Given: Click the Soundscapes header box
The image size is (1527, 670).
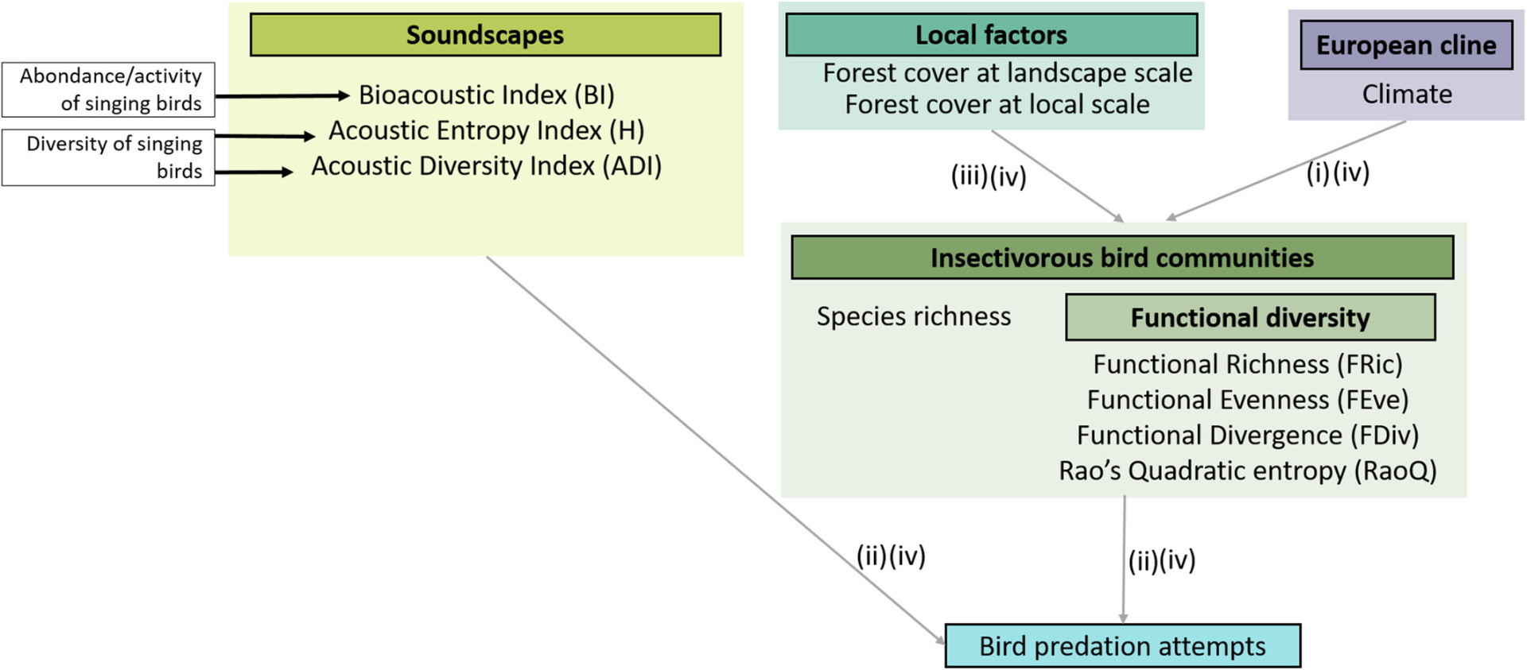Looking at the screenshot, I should tap(485, 35).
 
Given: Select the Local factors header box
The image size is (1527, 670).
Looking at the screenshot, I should tap(991, 35).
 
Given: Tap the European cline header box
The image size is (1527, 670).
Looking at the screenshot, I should tap(1405, 45).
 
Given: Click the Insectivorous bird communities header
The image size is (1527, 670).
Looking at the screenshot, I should tap(1121, 258).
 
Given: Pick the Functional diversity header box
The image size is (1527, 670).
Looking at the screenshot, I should tap(1249, 317).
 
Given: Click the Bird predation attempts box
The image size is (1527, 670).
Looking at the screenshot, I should tap(1122, 646).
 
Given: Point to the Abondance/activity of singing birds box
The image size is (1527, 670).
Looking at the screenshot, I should tap(108, 90).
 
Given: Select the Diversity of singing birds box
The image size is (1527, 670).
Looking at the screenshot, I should tap(108, 157).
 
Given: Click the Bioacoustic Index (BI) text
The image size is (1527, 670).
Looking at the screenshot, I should tap(487, 95).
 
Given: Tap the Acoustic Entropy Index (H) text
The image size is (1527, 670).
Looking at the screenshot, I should tap(487, 130).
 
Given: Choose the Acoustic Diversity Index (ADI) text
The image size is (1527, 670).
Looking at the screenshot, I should tap(487, 166).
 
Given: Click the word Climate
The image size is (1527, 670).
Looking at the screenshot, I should tap(1406, 95).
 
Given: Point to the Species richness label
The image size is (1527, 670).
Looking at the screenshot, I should tap(914, 316).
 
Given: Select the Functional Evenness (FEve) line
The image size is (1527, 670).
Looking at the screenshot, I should tap(1247, 400).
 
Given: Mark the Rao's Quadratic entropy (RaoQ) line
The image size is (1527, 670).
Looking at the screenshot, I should tap(1247, 471).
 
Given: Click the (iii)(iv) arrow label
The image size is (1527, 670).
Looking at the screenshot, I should tap(989, 176).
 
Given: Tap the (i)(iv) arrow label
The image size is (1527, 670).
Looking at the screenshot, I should tap(1338, 172).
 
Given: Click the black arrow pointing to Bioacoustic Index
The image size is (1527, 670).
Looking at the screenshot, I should tap(282, 96).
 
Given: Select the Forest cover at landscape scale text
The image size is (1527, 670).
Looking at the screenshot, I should tap(1007, 73).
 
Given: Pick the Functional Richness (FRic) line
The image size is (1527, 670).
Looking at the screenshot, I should tap(1247, 364).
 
